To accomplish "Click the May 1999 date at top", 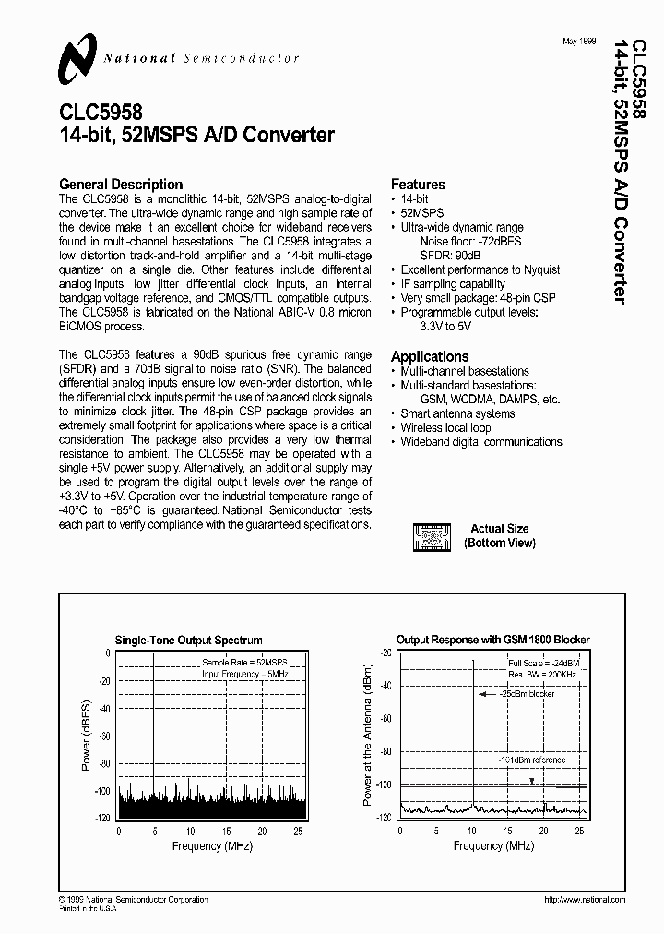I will [581, 42].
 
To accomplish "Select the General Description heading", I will [121, 184].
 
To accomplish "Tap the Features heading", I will [418, 184].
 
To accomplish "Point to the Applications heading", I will [430, 356].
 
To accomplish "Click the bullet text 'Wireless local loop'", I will [445, 427].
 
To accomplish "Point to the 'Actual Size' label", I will [499, 529].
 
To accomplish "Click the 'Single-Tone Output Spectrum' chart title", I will [188, 640].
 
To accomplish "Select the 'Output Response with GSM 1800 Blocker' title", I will [492, 640].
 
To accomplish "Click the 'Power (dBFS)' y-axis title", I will [86, 734].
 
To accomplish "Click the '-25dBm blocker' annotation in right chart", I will [529, 694].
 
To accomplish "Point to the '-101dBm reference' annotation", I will [532, 760].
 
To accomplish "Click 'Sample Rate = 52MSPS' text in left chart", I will [244, 663].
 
